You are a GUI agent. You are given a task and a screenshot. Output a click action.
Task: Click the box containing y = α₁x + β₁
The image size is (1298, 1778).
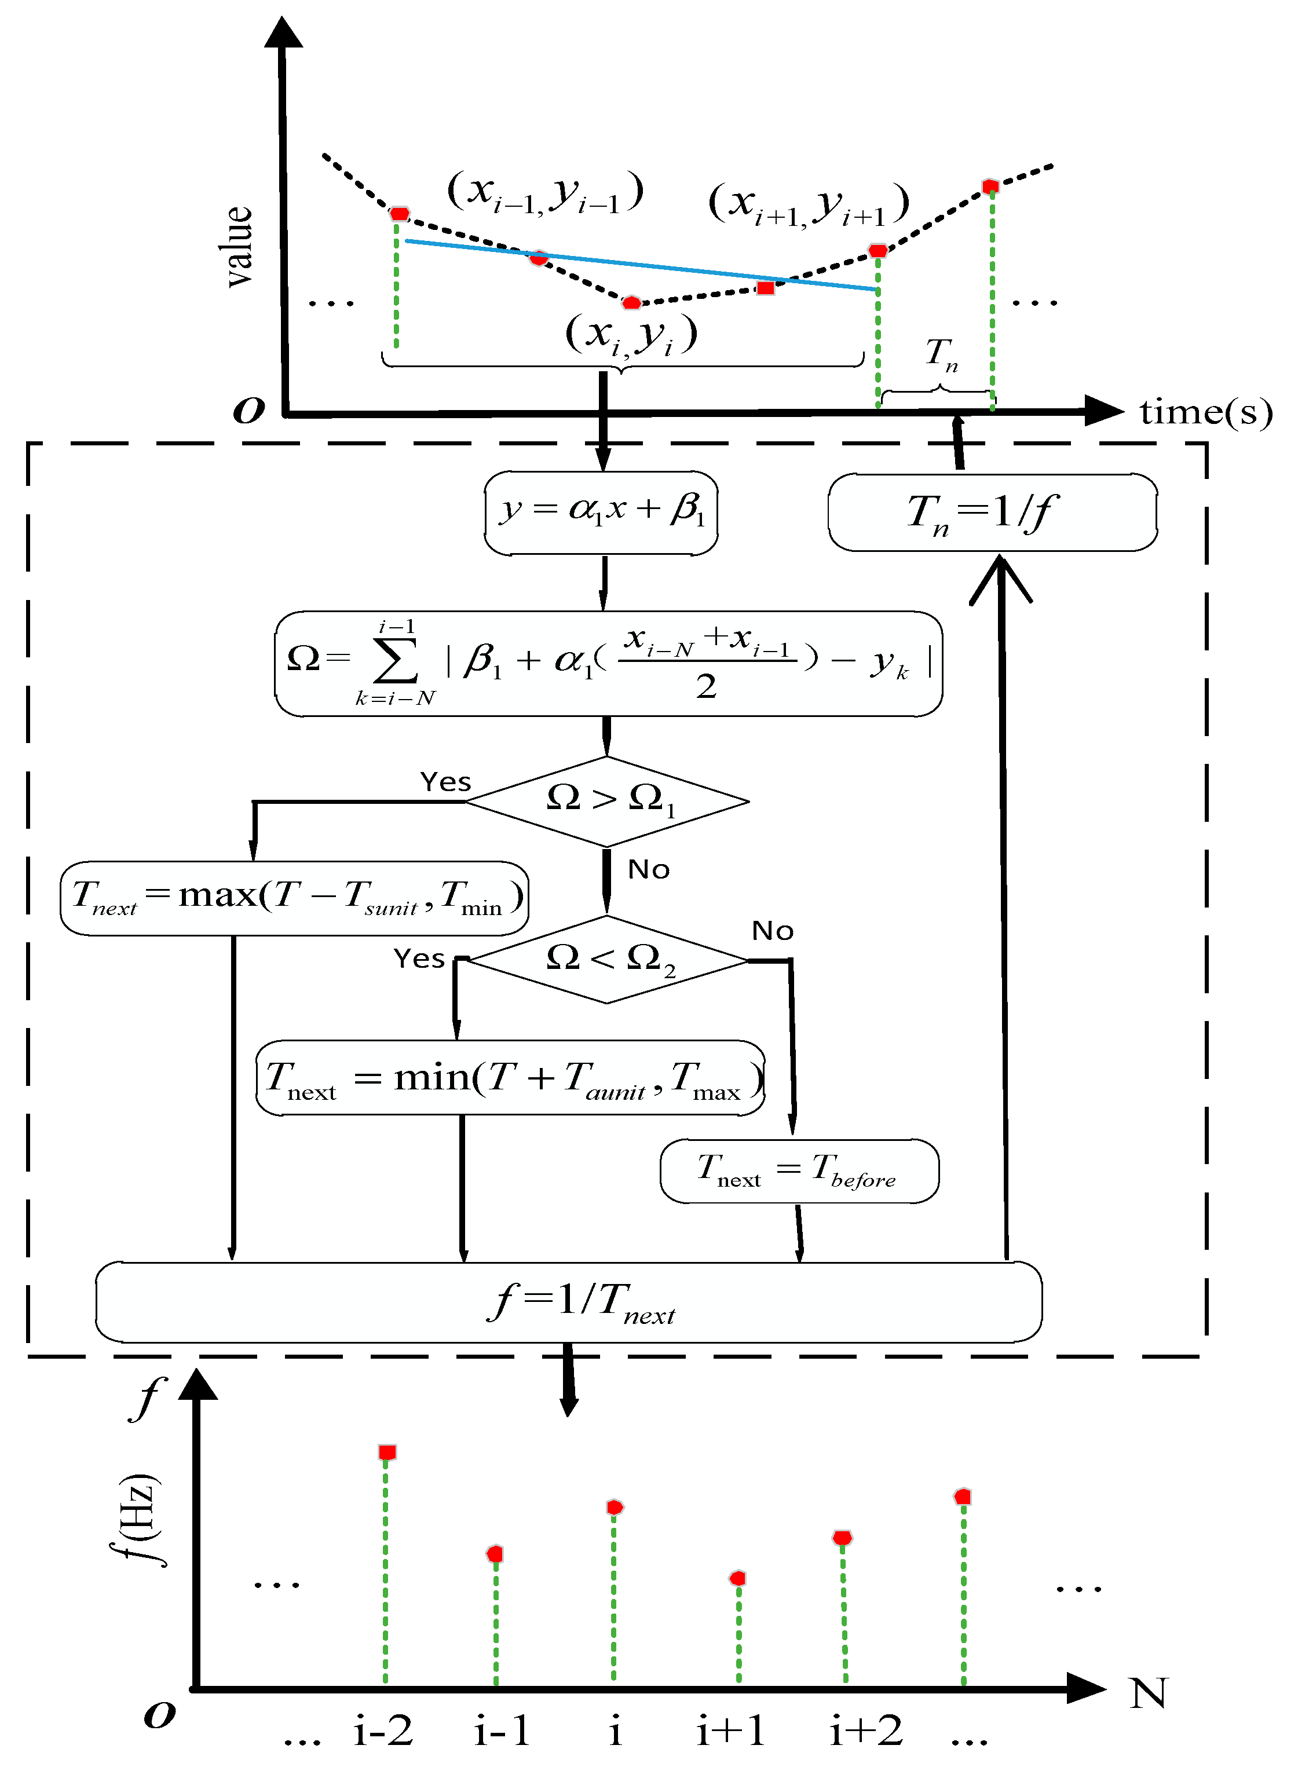click(x=601, y=513)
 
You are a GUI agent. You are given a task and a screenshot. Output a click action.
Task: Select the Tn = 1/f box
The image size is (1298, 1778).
click(x=992, y=513)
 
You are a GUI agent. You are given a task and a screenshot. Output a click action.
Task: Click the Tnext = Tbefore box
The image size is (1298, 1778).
click(x=799, y=1170)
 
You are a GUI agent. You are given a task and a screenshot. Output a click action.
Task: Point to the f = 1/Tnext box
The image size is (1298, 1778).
click(x=568, y=1302)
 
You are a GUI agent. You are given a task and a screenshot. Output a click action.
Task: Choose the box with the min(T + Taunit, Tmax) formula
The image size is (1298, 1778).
click(x=511, y=1077)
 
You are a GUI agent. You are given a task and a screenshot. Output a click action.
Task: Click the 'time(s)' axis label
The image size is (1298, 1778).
click(x=1205, y=412)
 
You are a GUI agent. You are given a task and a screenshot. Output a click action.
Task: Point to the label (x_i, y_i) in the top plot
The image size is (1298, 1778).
click(x=630, y=335)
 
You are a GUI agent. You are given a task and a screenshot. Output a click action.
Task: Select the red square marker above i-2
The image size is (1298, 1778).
click(x=386, y=1452)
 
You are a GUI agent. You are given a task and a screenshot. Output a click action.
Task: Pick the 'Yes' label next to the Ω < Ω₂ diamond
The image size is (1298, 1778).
click(x=419, y=958)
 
